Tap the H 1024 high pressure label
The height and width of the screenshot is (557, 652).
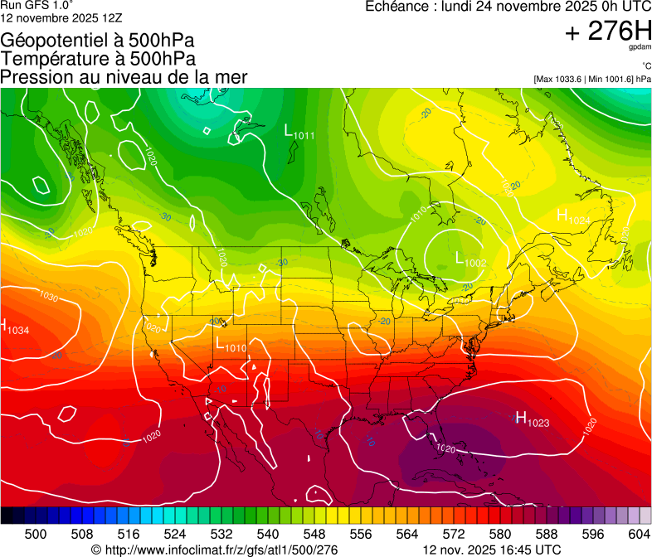573,217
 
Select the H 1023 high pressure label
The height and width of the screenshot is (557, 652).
532,419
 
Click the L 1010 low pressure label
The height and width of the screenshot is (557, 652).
231,345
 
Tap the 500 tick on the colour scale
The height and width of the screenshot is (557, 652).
36,534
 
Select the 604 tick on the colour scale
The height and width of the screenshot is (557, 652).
638,534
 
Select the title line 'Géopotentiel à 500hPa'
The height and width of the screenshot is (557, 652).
98,40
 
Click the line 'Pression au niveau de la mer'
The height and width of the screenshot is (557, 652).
124,77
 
